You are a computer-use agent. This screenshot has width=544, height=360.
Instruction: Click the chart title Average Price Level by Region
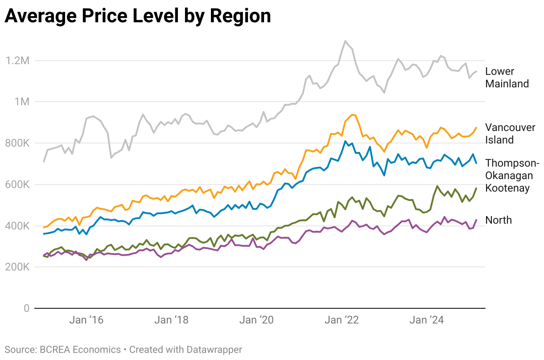point(138,16)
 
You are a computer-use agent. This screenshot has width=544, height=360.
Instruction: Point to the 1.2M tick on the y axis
point(17,61)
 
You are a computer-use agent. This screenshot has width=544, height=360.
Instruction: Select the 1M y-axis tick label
point(22,102)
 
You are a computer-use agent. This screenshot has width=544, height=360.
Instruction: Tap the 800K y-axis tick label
point(17,143)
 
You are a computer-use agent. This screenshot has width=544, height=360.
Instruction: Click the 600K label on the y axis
point(17,184)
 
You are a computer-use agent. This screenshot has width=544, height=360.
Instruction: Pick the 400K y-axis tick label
point(17,226)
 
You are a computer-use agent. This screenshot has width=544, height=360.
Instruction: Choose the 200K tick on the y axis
point(17,267)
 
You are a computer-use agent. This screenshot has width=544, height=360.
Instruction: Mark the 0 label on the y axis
point(27,308)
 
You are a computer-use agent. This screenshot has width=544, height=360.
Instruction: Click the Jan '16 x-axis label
point(87,320)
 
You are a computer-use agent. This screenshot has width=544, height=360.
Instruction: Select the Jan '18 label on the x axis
point(172,320)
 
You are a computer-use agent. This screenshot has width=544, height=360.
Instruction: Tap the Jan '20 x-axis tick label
point(257,320)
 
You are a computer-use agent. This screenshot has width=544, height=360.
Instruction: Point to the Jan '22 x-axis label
point(342,320)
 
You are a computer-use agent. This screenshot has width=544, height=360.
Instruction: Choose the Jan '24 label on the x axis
point(427,320)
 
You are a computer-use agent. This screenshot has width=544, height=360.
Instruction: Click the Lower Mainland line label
point(507,78)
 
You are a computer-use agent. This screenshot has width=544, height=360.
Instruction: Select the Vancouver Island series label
point(510,134)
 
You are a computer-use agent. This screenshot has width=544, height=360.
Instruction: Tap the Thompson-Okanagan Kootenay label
point(512,176)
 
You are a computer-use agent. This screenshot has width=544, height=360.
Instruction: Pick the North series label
point(499,220)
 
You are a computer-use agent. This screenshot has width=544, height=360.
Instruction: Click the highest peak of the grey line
point(345,41)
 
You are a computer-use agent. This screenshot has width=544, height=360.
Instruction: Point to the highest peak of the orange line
point(352,115)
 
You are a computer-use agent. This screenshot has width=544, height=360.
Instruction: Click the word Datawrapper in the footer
point(214,350)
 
